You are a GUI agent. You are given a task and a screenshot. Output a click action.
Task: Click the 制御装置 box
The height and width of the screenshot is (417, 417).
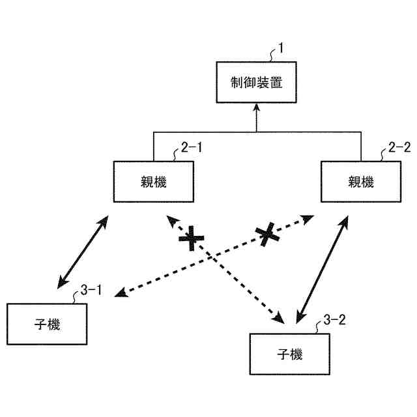click(x=255, y=83)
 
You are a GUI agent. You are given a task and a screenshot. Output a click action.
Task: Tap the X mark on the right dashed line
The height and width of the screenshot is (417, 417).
click(x=266, y=234)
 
